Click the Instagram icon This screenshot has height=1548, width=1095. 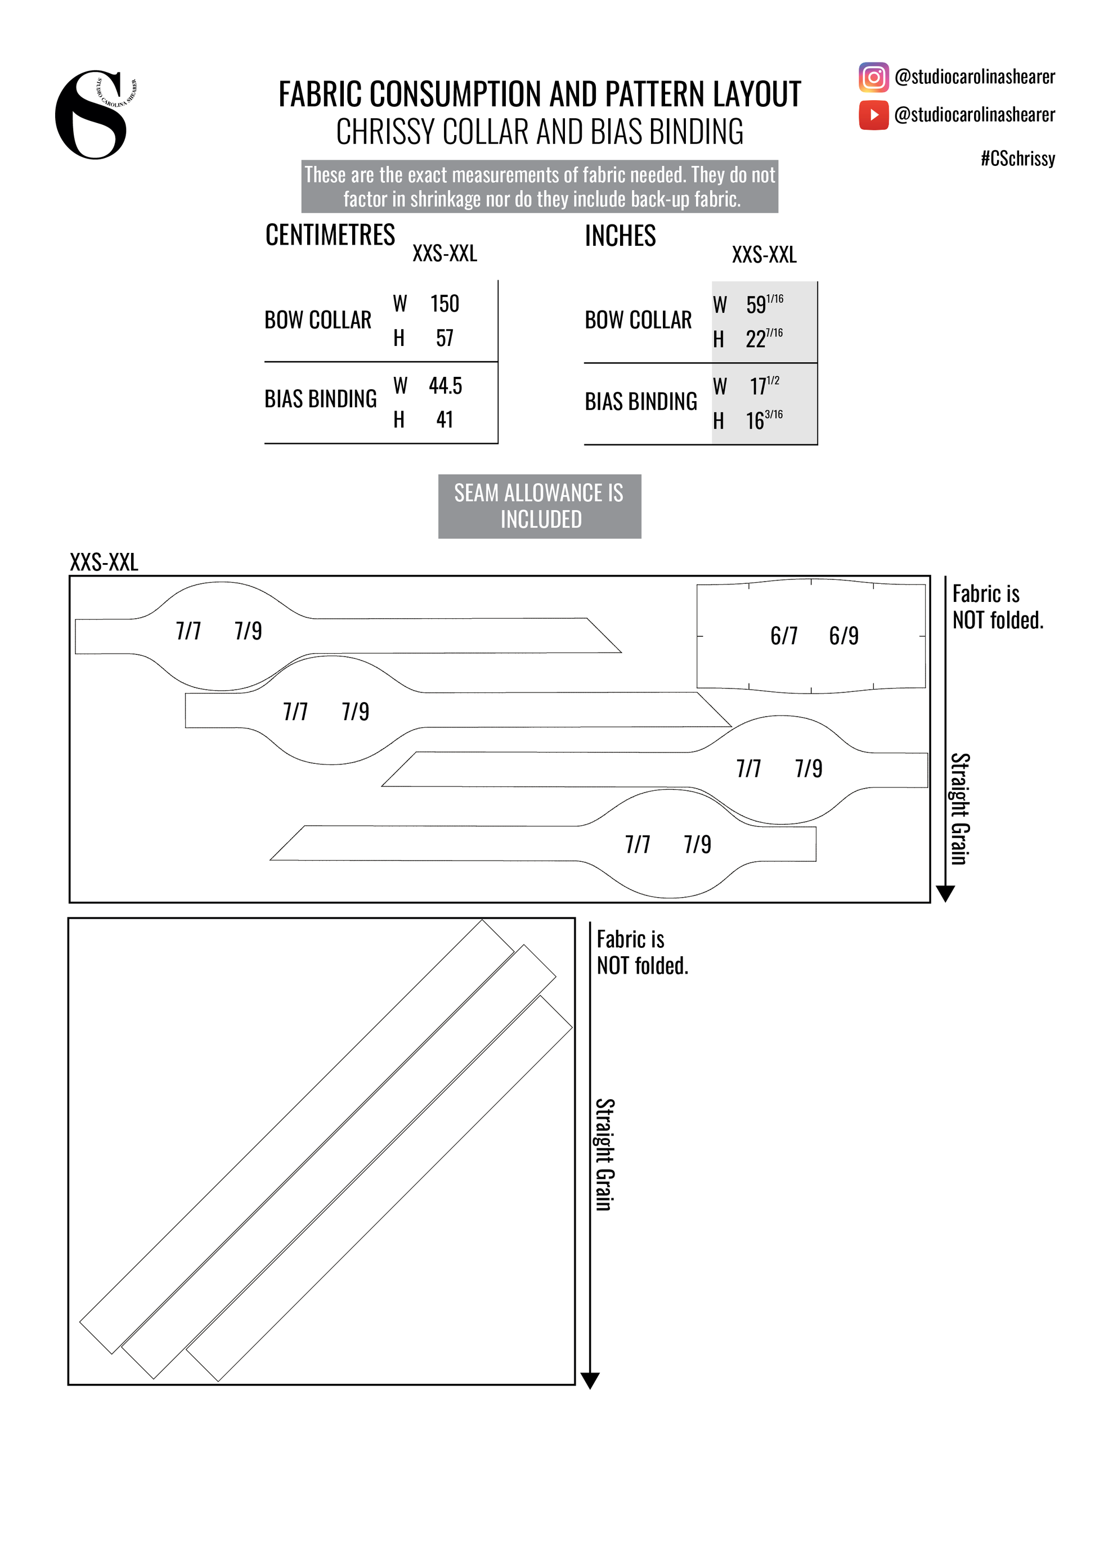coord(873,77)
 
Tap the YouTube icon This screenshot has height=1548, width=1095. coord(873,115)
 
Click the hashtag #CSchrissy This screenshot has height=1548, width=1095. coord(1017,159)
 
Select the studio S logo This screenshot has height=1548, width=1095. coord(92,115)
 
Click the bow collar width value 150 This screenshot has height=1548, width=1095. coord(445,304)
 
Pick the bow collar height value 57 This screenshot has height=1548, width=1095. coord(445,338)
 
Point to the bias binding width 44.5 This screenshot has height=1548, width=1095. coord(445,386)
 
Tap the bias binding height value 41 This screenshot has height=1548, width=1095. coord(445,420)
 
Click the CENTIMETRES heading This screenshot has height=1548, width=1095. coord(330,235)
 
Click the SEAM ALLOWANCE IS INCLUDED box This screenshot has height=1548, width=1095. coord(540,506)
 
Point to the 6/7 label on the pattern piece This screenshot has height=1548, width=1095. coord(783,636)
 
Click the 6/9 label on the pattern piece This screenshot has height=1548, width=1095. coord(843,636)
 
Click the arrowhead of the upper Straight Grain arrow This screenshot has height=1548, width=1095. coord(945,894)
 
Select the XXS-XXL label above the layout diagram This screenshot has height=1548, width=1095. coord(104,562)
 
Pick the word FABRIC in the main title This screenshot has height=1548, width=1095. coord(321,94)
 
